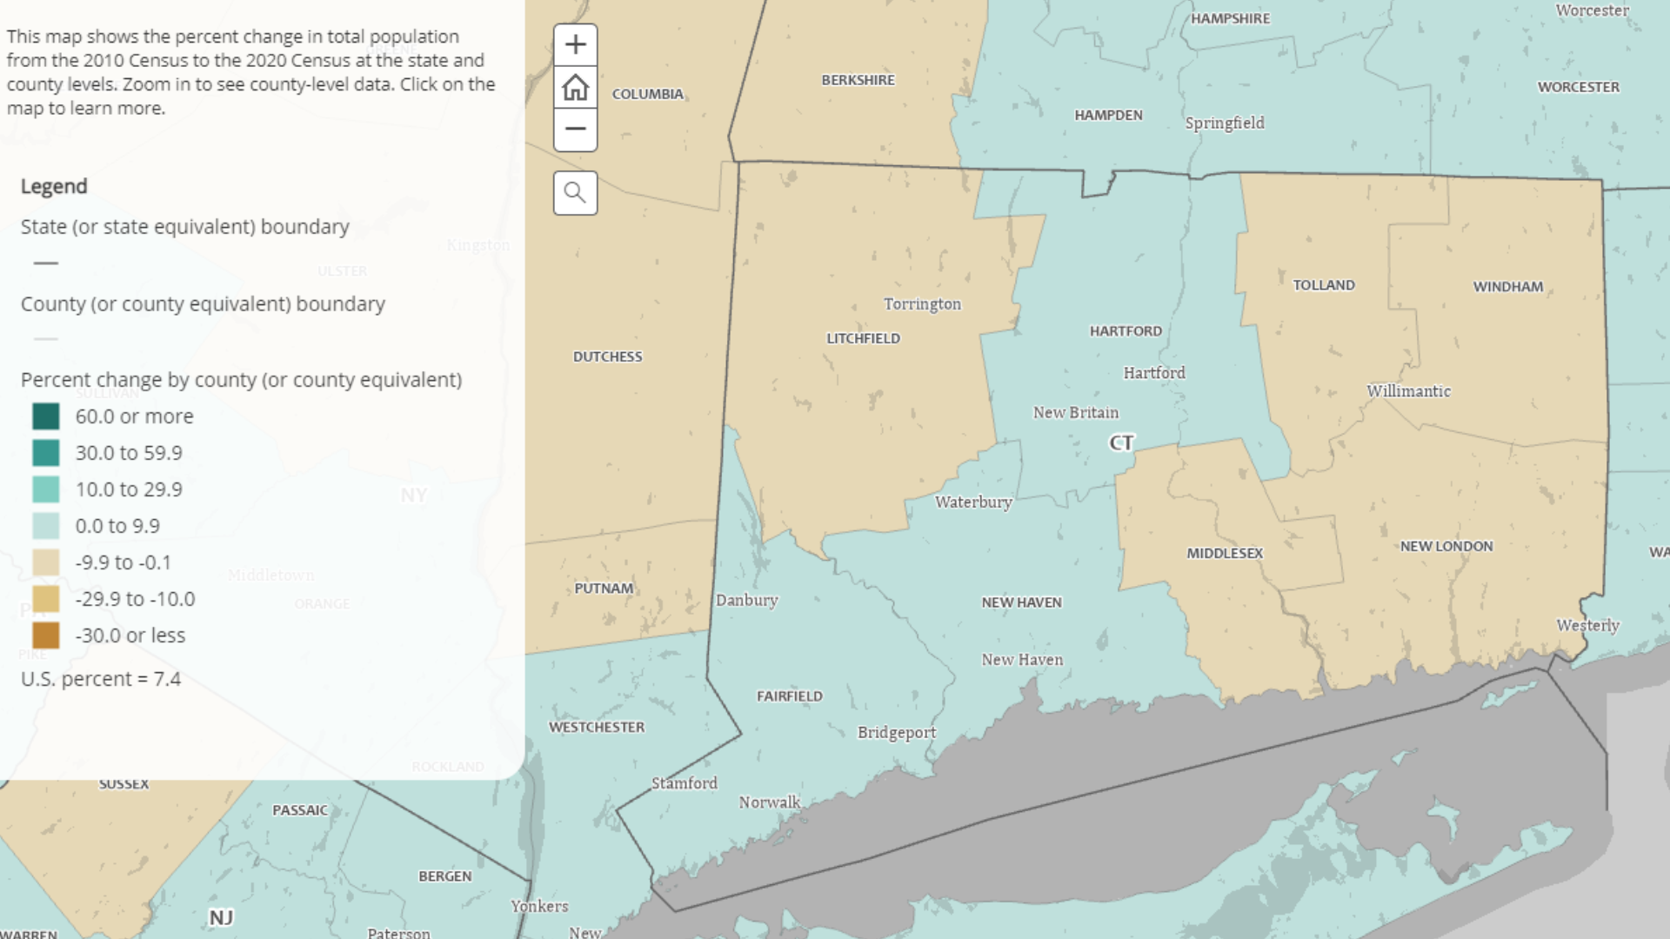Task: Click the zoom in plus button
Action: click(x=575, y=45)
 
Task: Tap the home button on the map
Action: click(x=575, y=88)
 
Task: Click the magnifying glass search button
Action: click(x=575, y=192)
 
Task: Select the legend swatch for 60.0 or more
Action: click(x=46, y=416)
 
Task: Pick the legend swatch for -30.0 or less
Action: click(x=46, y=636)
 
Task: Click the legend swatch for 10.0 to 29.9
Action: click(x=46, y=489)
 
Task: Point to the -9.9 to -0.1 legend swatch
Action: click(x=46, y=563)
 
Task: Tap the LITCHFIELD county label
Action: click(x=863, y=338)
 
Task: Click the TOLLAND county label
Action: click(x=1323, y=285)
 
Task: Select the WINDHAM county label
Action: click(x=1507, y=287)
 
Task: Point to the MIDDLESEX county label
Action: click(x=1225, y=553)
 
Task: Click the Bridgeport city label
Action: click(x=897, y=732)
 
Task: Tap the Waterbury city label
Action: click(x=973, y=502)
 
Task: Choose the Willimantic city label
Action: click(x=1408, y=391)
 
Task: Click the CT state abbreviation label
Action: click(x=1121, y=443)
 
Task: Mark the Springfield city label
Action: click(x=1225, y=123)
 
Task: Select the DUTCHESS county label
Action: click(x=607, y=356)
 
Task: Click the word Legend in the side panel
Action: click(x=54, y=186)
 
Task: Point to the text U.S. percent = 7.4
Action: click(x=101, y=679)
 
